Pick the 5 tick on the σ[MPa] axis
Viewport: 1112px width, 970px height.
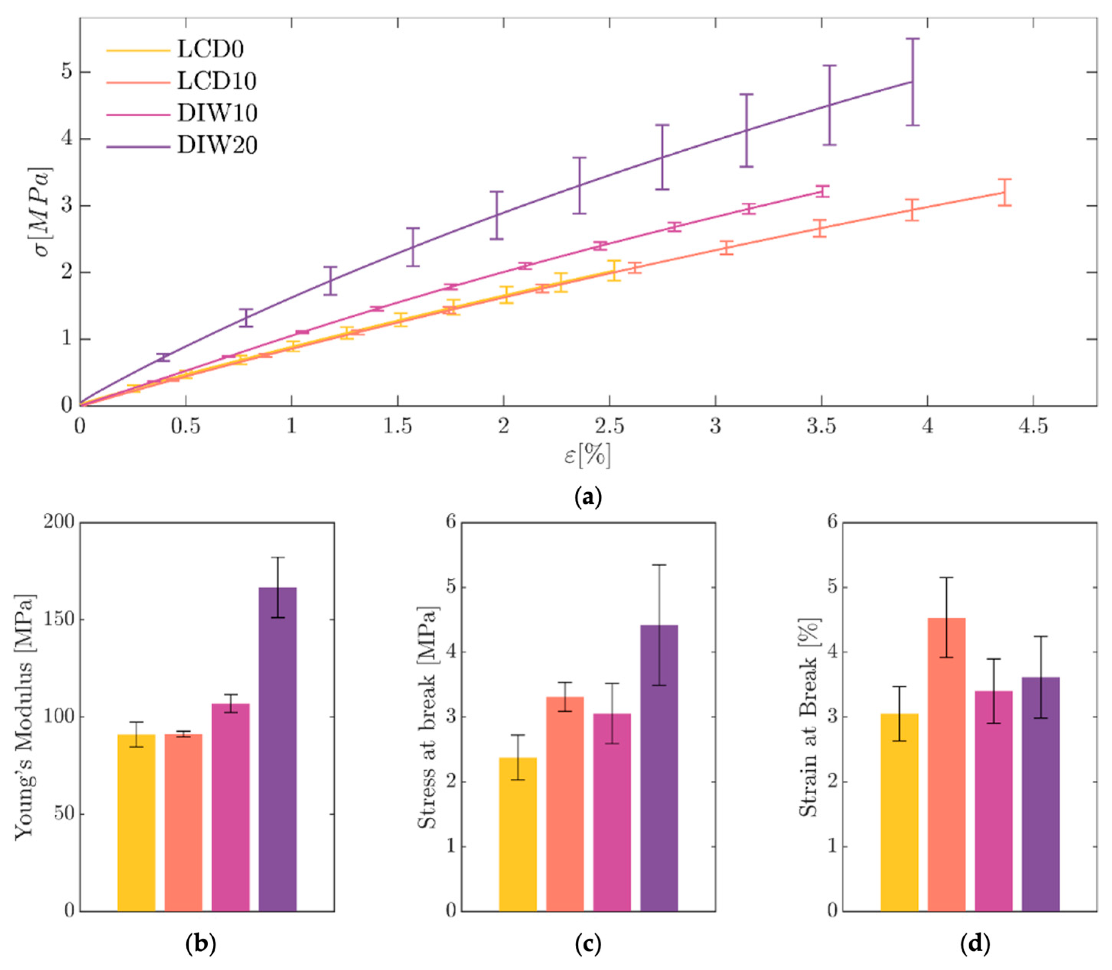point(67,72)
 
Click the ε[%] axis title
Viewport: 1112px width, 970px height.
point(587,455)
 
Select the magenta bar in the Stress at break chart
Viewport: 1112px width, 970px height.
point(611,812)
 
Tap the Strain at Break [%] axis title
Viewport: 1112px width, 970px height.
point(808,717)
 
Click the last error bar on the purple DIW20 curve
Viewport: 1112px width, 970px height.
point(912,82)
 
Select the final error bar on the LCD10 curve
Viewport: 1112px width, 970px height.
point(1004,192)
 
